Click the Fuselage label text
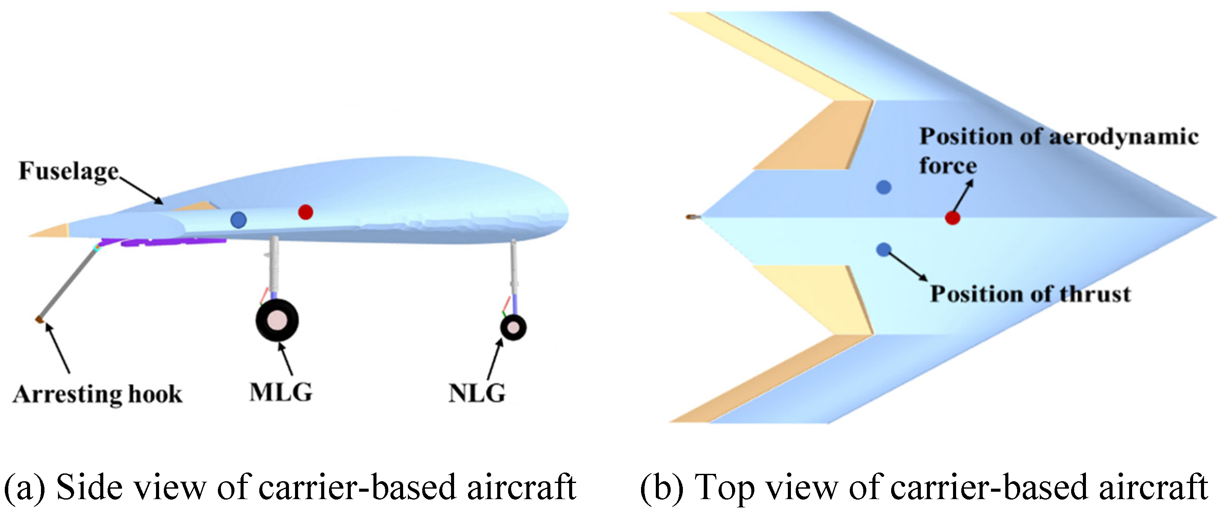(x=68, y=171)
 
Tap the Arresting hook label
(x=98, y=394)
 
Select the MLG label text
(x=281, y=392)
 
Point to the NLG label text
(x=477, y=394)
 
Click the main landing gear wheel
(x=277, y=320)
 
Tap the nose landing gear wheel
(x=513, y=328)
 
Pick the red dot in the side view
(x=305, y=212)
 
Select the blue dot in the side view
(x=238, y=220)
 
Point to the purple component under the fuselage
(x=172, y=242)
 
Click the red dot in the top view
(x=953, y=218)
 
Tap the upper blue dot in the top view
(x=884, y=187)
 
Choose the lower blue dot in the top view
(x=883, y=249)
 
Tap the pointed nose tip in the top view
(x=1214, y=218)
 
